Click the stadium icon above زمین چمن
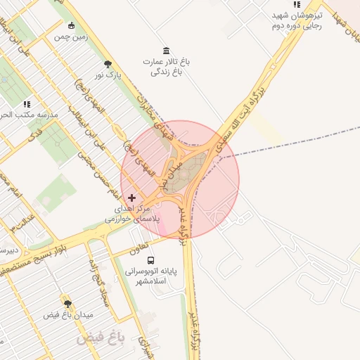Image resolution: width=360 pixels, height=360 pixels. coord(72,26)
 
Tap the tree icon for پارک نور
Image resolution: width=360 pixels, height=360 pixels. coord(108,64)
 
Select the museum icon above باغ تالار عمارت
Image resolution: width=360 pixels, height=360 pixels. coord(166,50)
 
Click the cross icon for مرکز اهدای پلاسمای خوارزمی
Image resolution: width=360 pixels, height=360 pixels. coord(131,198)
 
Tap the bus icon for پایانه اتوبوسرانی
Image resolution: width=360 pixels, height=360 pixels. coord(151,259)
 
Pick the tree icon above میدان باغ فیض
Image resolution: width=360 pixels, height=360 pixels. coord(67,304)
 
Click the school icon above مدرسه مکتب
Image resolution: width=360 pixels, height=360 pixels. coord(27,104)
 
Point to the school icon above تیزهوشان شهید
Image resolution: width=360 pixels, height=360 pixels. coord(297,5)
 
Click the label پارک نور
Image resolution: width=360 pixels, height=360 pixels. coord(109,75)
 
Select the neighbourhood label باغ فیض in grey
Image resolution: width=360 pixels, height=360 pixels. coord(100,338)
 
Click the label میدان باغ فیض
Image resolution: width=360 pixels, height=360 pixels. coord(68,315)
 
